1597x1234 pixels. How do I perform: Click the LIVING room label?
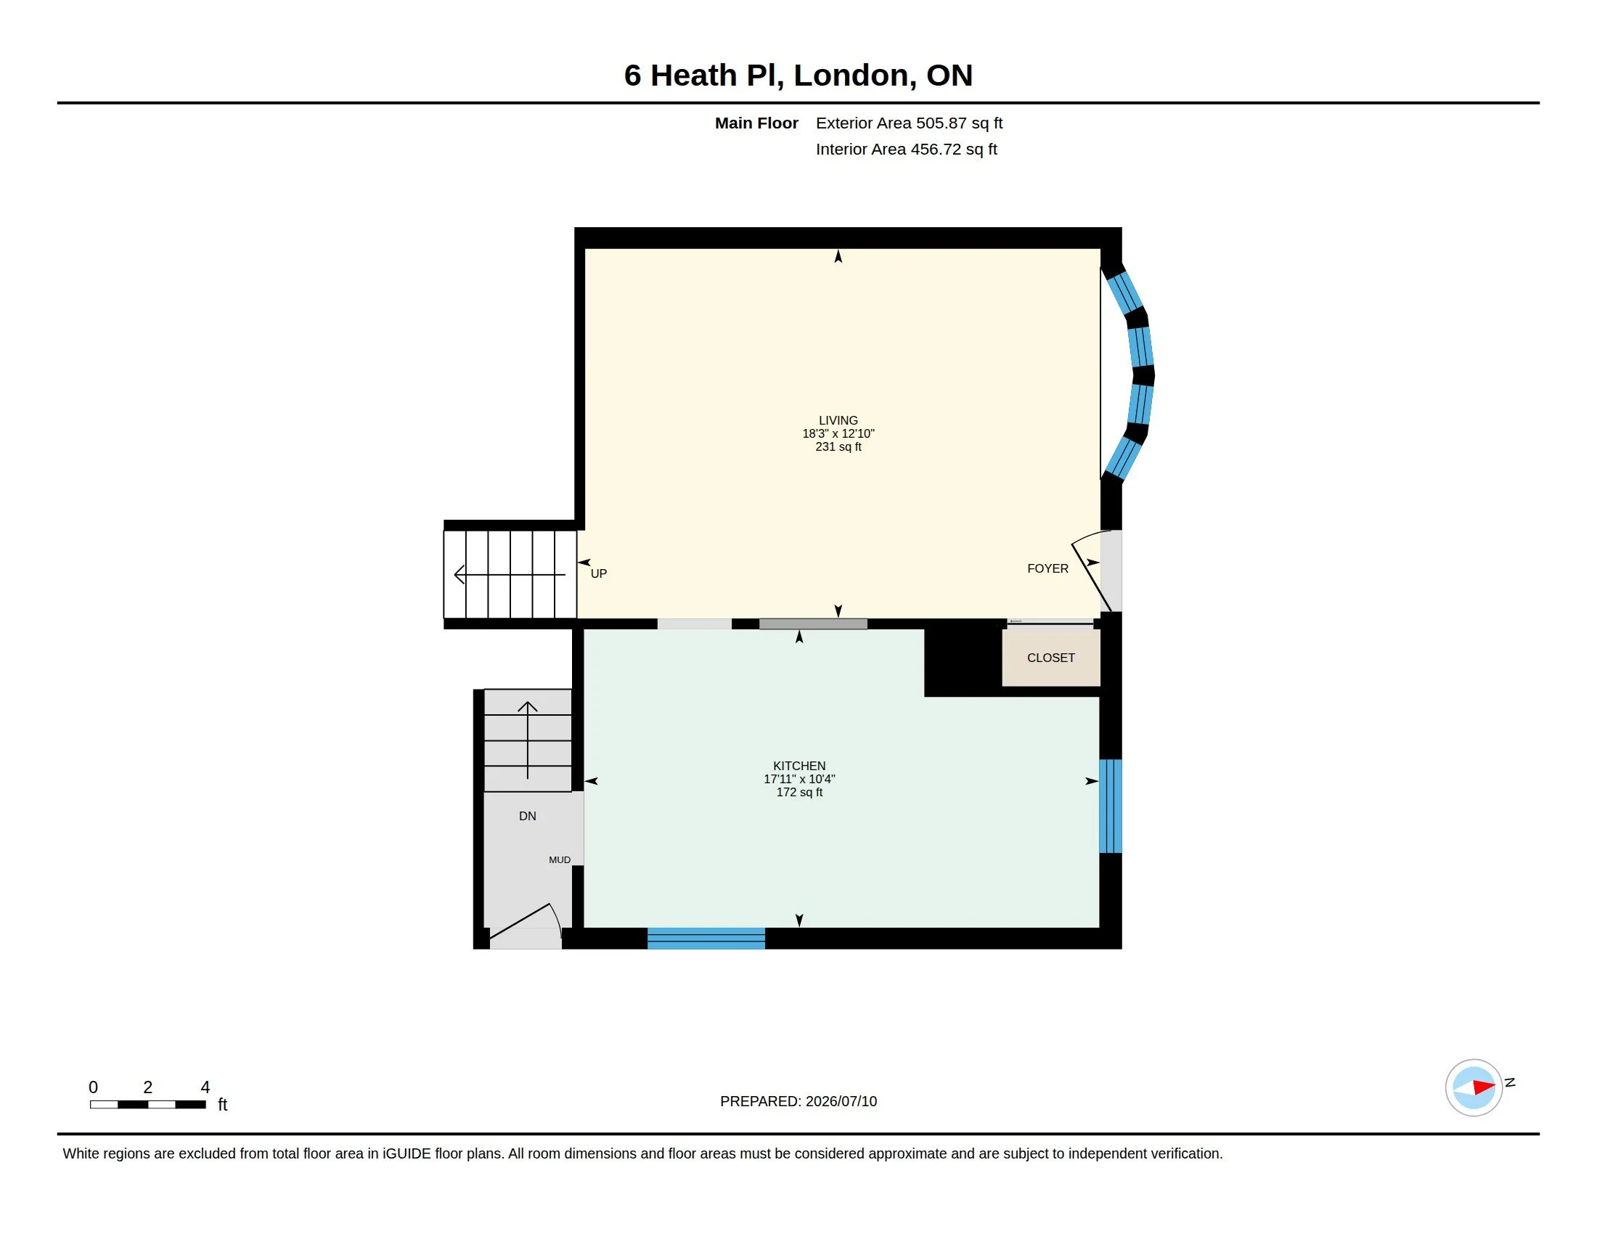click(x=838, y=420)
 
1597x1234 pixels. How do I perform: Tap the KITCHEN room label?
click(x=799, y=766)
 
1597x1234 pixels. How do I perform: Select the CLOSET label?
click(x=1051, y=658)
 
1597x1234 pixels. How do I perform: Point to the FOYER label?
click(x=1047, y=569)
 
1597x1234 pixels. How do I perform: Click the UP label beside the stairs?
click(x=599, y=574)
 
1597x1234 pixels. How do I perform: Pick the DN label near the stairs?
click(x=527, y=816)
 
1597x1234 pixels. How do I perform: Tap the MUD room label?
click(x=560, y=859)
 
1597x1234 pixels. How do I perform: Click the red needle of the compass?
click(x=1484, y=1087)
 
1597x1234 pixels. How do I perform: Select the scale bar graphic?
click(x=147, y=1105)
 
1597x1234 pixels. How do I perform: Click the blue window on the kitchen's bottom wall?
click(x=706, y=938)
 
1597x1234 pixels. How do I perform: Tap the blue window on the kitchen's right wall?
click(x=1110, y=806)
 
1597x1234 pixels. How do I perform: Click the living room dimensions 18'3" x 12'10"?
click(x=838, y=433)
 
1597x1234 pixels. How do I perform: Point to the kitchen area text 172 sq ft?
click(x=799, y=793)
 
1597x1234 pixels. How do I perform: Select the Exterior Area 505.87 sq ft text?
click(x=909, y=123)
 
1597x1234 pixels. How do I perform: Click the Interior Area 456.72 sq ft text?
click(x=906, y=149)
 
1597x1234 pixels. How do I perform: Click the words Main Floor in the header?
click(x=756, y=123)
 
